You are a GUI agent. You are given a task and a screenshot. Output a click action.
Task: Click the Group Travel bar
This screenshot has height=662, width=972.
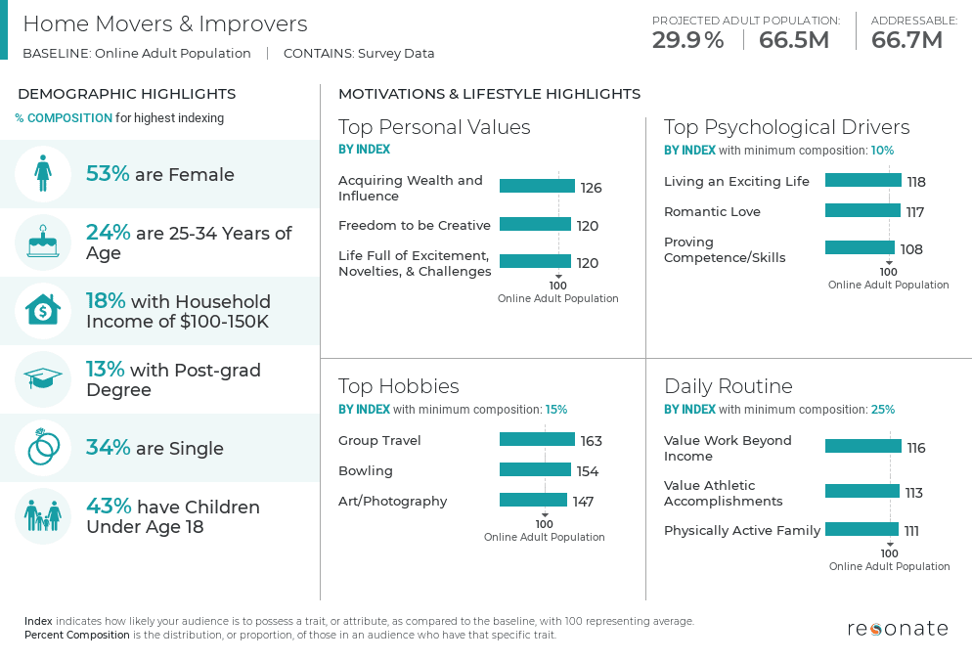tap(537, 440)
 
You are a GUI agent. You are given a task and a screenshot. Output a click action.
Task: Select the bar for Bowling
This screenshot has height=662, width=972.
tap(535, 470)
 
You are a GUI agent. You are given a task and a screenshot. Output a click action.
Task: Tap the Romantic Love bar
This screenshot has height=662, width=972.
tap(862, 210)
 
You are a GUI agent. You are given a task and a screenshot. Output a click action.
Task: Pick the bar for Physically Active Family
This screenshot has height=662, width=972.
tap(862, 530)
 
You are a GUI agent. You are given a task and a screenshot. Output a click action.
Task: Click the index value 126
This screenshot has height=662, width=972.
tap(591, 188)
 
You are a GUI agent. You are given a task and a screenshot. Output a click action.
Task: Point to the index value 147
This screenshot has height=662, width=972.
tap(584, 502)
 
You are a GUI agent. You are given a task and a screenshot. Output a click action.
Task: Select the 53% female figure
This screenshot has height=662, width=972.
tap(108, 174)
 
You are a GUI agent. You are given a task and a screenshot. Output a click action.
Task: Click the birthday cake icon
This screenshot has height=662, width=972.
tap(43, 243)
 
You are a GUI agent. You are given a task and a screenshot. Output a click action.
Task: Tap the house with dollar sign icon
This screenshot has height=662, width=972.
tap(43, 311)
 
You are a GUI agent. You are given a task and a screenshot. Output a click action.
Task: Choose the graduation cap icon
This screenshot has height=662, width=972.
tap(43, 379)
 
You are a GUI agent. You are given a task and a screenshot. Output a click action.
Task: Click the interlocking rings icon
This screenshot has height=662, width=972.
tap(43, 448)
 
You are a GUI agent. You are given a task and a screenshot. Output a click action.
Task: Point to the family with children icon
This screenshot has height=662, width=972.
tap(43, 516)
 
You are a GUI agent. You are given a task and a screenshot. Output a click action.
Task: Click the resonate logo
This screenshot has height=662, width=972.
tap(897, 628)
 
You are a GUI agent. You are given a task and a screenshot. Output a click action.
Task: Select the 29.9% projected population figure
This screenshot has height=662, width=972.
tap(688, 40)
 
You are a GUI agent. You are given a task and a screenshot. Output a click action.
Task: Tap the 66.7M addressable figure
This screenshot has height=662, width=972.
tap(906, 40)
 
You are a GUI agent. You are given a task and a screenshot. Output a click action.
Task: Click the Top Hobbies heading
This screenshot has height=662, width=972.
tap(398, 385)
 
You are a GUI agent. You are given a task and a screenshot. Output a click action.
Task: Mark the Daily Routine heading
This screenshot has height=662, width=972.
tap(728, 385)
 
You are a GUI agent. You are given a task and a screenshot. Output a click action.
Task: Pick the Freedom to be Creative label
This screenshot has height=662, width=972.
tap(415, 225)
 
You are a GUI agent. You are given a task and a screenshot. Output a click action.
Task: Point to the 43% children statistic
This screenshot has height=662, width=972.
tap(108, 507)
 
